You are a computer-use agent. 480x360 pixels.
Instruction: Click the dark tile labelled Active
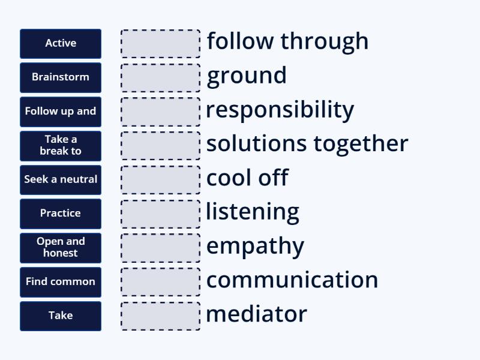tap(61, 43)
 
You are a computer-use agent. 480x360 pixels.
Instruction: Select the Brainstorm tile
tap(61, 77)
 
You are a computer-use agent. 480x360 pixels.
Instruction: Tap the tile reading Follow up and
tap(61, 112)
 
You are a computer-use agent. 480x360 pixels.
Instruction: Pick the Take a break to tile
tap(61, 145)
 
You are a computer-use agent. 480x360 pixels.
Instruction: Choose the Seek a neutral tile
tap(61, 179)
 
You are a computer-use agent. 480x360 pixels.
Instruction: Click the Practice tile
tap(61, 214)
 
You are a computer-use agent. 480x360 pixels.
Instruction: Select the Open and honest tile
tap(61, 247)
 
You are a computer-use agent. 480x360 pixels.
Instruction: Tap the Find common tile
tap(61, 281)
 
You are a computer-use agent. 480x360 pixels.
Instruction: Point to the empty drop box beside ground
tap(161, 78)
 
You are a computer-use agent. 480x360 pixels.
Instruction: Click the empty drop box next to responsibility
tap(161, 112)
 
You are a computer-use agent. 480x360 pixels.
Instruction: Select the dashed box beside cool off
tap(161, 180)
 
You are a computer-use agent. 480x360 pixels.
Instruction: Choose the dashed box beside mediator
tap(161, 316)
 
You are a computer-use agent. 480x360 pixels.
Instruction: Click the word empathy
tap(255, 246)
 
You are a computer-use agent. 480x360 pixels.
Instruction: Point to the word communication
tap(292, 280)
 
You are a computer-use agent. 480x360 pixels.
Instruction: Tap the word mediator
tap(256, 314)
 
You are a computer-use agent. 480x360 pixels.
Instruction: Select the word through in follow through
tap(325, 41)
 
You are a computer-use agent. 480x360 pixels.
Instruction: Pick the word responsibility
tap(280, 110)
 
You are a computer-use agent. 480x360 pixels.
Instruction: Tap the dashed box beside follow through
tap(161, 44)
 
